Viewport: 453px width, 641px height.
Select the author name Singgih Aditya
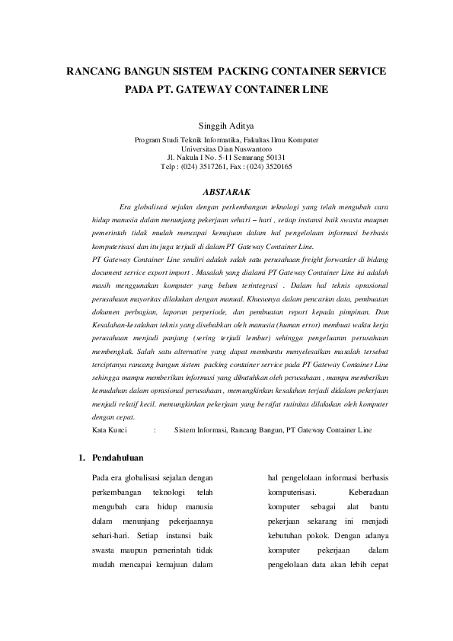point(226,125)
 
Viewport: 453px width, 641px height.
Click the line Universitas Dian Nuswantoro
point(226,149)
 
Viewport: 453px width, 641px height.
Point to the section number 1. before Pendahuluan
point(82,458)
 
